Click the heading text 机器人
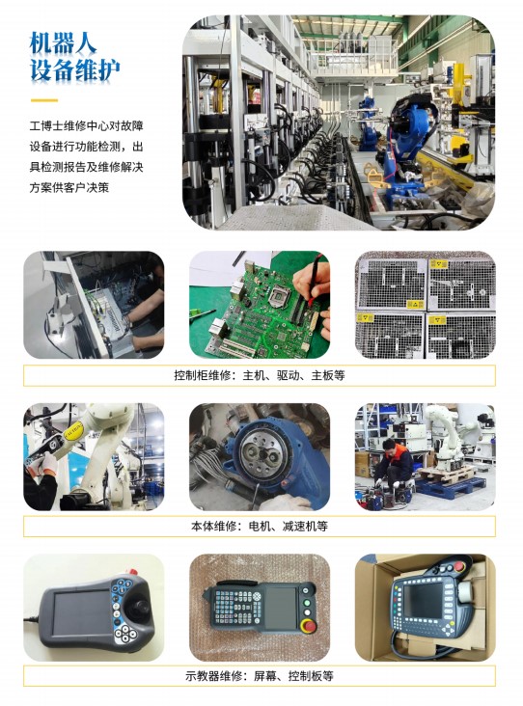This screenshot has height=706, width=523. pos(63,43)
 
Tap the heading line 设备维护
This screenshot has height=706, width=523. pos(74,70)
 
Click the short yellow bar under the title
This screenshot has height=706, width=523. pos(44,100)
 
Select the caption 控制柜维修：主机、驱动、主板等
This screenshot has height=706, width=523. pos(260,375)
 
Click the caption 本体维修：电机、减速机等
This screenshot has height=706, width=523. pos(260,526)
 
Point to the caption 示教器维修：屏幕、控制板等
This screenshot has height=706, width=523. pos(260,676)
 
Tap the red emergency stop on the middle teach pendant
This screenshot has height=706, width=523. pos(309,625)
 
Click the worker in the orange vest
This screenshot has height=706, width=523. pos(395,464)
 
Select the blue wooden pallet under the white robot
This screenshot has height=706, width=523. pos(444,485)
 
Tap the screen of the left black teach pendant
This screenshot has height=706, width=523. pos(82,611)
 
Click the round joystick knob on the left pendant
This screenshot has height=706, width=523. pos(138,609)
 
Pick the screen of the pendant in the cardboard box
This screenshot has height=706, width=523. pos(422,600)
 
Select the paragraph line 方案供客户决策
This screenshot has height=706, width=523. pos(69,187)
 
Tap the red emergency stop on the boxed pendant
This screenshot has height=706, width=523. pos(459,567)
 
